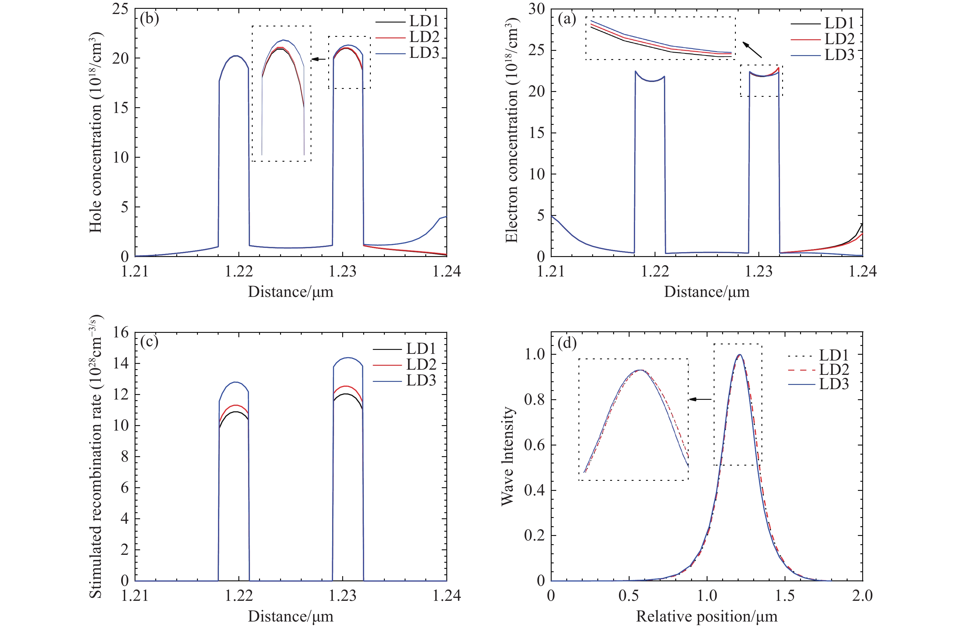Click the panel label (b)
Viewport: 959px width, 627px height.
tap(149, 19)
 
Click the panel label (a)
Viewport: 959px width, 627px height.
tap(567, 19)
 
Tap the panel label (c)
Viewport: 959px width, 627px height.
tap(149, 342)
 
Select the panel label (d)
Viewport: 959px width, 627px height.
tap(567, 343)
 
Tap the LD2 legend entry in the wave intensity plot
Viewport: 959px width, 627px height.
tap(834, 369)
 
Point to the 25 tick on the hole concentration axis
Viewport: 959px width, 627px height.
tap(120, 9)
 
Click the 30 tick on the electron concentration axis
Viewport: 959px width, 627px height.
tap(536, 9)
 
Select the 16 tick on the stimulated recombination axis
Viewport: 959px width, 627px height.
tap(120, 333)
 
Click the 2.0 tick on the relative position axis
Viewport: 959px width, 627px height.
tap(862, 596)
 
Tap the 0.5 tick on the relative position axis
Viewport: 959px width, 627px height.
tap(629, 596)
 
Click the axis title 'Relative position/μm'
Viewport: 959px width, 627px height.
tap(706, 616)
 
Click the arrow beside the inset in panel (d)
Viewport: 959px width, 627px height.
tap(700, 399)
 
